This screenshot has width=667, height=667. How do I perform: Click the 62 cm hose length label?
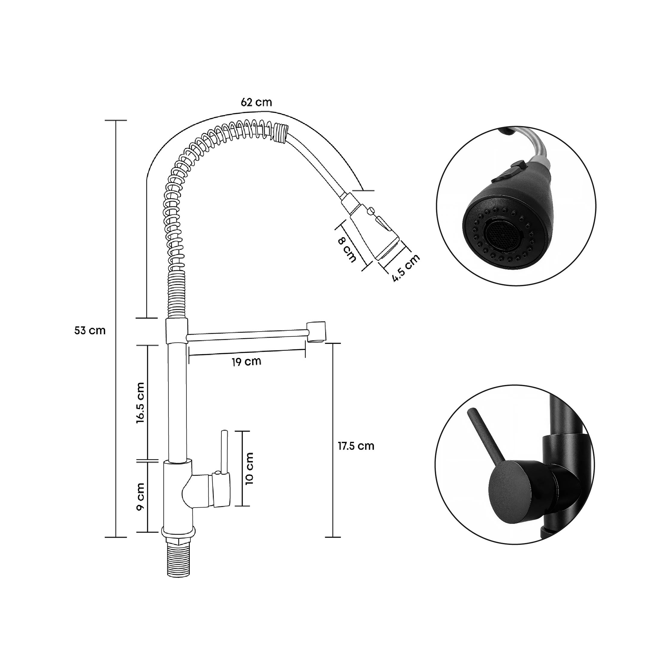point(256,102)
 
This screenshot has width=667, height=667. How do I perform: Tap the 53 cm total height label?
point(90,330)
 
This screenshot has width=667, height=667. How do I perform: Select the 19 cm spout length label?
point(246,362)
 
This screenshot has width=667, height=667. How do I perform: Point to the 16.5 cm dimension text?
point(140,403)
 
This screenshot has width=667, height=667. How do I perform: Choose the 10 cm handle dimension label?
point(249,469)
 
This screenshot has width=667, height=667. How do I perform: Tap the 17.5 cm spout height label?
point(356,446)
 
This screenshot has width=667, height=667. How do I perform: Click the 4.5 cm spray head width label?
point(406,268)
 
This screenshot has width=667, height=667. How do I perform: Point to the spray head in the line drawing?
point(373,229)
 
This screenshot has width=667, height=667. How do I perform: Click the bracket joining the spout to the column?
point(177,330)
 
